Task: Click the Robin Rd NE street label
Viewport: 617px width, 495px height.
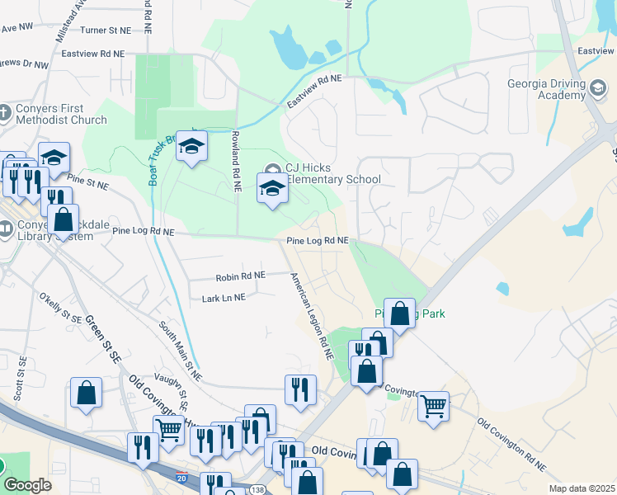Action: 241,276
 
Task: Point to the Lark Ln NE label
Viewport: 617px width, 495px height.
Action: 224,297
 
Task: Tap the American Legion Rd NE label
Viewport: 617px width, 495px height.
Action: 310,317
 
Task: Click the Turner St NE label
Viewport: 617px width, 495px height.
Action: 106,30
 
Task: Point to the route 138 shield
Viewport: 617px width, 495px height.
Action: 257,490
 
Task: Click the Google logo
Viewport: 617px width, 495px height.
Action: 26,485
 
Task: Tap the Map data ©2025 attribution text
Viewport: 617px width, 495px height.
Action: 581,488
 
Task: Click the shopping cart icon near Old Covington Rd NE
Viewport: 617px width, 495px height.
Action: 433,405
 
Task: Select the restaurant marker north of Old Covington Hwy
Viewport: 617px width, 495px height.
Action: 300,389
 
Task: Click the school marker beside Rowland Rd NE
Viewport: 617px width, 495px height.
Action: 191,146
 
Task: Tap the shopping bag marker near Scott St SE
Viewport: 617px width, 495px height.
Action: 86,394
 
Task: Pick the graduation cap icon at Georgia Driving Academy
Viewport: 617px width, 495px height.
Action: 598,87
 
